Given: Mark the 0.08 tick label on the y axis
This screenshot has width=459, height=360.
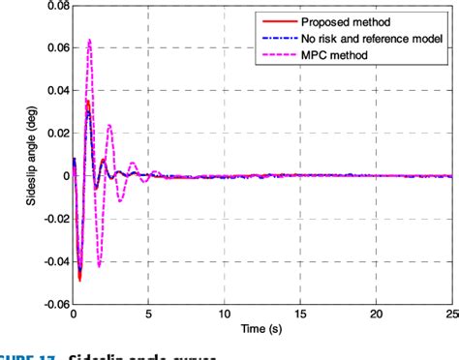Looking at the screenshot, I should click(50, 6).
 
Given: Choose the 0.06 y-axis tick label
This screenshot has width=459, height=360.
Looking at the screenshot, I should click(50, 48).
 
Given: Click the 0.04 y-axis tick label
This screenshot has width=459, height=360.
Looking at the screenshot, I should click(50, 91).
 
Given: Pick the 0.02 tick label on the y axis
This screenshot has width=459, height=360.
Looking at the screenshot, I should click(50, 134).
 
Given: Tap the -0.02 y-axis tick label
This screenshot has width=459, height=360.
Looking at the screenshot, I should click(48, 219).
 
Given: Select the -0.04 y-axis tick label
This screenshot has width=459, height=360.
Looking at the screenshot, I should click(48, 261).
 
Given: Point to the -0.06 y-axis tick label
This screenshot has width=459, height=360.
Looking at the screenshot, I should click(48, 303).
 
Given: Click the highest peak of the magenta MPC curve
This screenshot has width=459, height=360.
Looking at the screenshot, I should click(89, 40).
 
